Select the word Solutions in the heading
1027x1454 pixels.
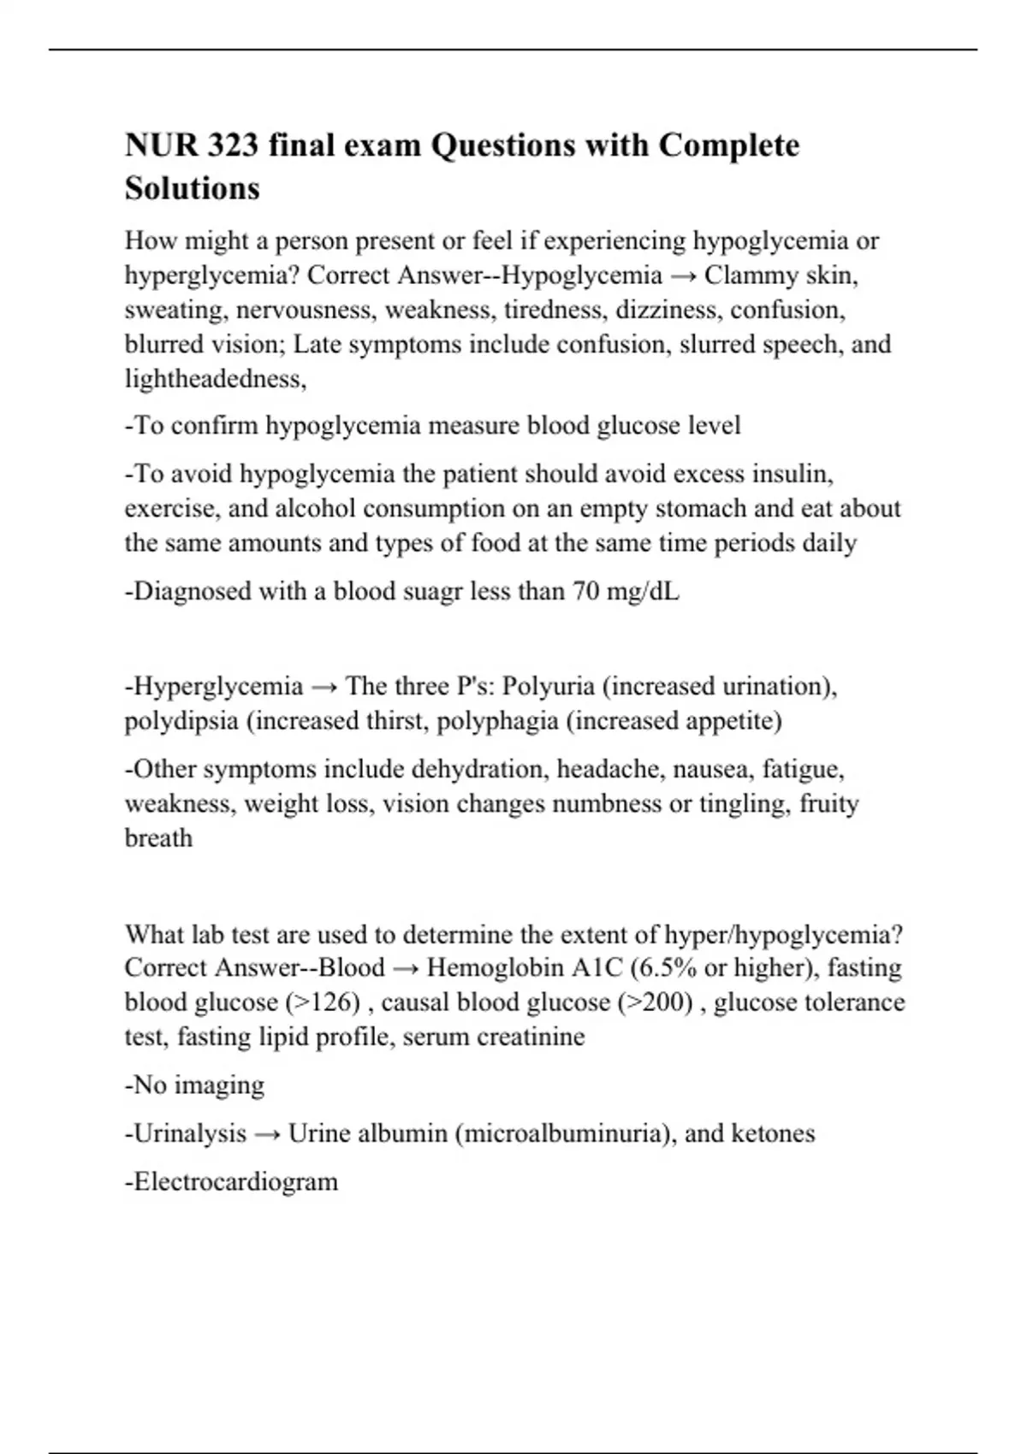pos(193,188)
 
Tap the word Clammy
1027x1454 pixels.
pos(742,275)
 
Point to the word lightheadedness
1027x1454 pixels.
pos(214,379)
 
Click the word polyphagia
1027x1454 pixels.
pos(497,721)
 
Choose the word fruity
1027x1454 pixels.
pos(828,803)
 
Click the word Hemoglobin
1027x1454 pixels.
pos(495,967)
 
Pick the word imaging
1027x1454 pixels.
pos(223,1085)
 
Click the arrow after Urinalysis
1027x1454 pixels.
pos(267,1134)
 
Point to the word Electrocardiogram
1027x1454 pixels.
pos(235,1182)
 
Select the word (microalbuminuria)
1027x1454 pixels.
pos(565,1134)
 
